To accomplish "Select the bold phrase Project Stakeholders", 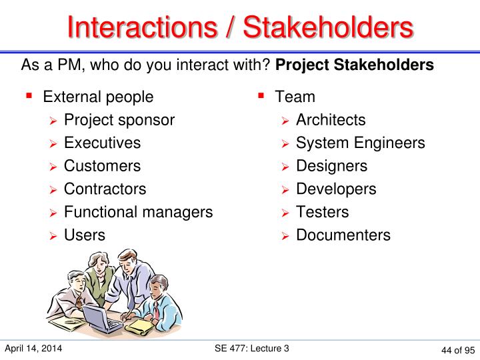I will coord(354,65).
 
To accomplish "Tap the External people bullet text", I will coord(98,97).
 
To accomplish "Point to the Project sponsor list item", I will coord(119,120).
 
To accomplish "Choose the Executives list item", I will coord(102,143).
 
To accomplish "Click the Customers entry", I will coord(102,166).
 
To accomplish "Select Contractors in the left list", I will coord(105,189).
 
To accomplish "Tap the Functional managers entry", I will coord(138,212).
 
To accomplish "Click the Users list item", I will coord(84,235).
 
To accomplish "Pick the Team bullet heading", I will coord(295,97).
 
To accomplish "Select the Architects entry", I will coord(331,120).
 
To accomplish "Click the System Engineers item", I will coord(360,143).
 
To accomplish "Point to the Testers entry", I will coord(322,212).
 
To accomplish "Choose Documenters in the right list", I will coord(343,235).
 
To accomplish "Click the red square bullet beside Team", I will coord(262,97).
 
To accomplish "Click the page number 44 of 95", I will coord(457,350).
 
